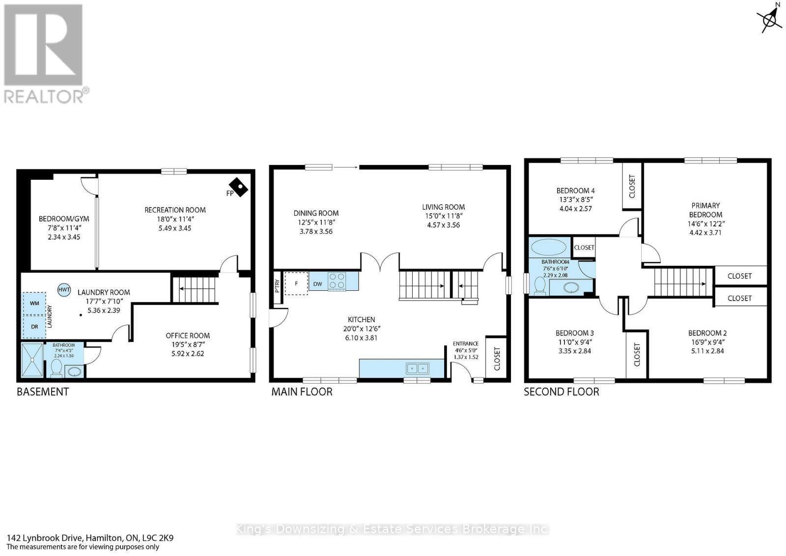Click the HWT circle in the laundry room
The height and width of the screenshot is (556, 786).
(x=64, y=290)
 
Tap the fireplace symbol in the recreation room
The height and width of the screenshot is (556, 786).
(x=239, y=188)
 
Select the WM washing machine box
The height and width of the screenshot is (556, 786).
(x=34, y=304)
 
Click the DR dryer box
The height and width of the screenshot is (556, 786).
(x=34, y=327)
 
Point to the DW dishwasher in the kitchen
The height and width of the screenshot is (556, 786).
(x=318, y=284)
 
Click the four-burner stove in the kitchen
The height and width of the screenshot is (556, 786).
(x=337, y=281)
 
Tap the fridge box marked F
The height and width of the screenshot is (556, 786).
(x=297, y=283)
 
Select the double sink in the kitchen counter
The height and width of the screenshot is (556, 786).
(x=418, y=368)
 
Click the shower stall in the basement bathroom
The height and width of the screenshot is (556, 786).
(x=32, y=360)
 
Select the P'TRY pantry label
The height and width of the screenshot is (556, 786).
(x=277, y=286)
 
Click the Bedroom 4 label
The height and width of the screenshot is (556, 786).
(x=575, y=191)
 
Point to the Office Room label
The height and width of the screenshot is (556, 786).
(x=188, y=335)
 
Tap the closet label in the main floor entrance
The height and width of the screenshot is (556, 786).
(x=497, y=359)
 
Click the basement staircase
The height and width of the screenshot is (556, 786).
(x=195, y=289)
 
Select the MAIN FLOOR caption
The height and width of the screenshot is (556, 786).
(x=302, y=392)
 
